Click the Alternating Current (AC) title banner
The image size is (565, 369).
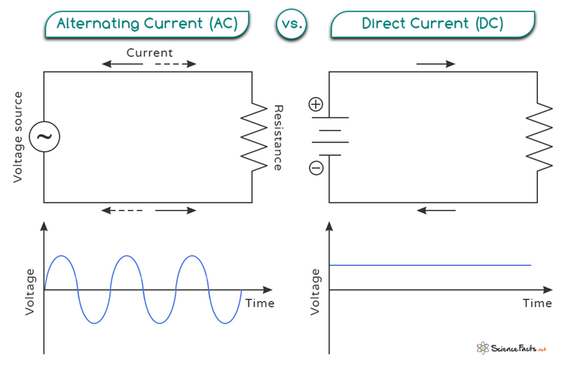pos(147,24)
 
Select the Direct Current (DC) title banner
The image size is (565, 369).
pos(432,24)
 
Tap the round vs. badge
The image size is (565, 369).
pos(292,24)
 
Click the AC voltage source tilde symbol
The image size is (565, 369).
pos(44,136)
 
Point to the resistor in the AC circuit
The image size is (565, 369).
pos(254,137)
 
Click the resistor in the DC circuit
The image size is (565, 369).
pos(539,137)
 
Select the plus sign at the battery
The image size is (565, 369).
pos(316,105)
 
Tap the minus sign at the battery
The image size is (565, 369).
pos(316,168)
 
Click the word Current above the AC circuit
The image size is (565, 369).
pos(150,53)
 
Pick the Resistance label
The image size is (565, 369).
pos(279,138)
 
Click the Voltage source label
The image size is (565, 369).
pos(18,137)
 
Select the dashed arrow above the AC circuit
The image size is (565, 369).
pos(176,64)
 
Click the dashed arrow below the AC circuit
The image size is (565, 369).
pos(122,210)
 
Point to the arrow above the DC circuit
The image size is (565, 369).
pos(435,64)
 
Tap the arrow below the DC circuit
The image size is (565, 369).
pos(436,210)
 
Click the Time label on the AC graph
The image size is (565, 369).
pos(260,303)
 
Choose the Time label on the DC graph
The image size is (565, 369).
pos(537,303)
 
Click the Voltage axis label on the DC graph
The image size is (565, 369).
pos(316,292)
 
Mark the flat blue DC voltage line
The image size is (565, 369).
pos(430,265)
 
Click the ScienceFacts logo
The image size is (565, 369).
pos(512,348)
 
